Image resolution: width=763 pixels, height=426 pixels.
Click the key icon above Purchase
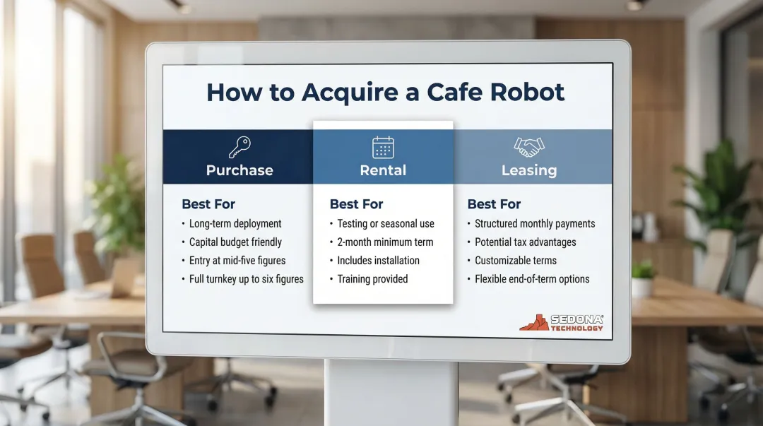[239, 147]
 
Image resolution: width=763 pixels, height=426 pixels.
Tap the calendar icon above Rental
[383, 147]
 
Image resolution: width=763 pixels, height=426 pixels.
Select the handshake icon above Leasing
[528, 147]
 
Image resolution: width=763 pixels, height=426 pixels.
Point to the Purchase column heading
[239, 170]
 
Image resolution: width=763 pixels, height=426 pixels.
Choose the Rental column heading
[383, 170]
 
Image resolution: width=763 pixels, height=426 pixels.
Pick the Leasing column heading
[528, 170]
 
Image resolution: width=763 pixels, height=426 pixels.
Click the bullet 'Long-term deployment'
[235, 224]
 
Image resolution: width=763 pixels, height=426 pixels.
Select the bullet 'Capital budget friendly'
[235, 242]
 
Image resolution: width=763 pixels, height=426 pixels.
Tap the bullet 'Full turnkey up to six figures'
[246, 279]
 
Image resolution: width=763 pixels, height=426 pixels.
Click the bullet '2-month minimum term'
[385, 242]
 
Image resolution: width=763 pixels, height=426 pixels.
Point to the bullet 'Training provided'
[372, 279]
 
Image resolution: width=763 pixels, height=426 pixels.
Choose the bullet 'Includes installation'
[378, 261]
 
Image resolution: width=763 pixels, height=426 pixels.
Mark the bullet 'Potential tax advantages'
[525, 242]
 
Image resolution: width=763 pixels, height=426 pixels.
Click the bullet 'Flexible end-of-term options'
[532, 279]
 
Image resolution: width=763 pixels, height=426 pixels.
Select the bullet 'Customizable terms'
[516, 261]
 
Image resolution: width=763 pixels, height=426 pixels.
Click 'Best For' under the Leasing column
[494, 204]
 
